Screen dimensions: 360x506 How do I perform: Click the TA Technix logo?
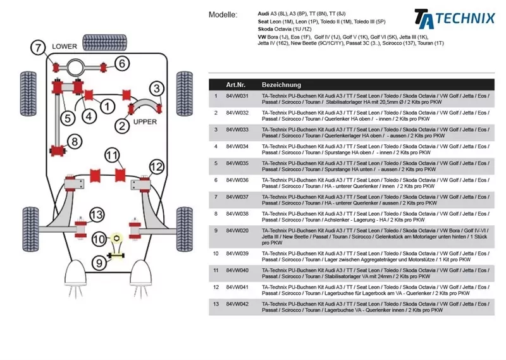pyautogui.click(x=454, y=17)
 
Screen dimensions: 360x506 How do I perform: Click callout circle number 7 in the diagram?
pyautogui.click(x=38, y=47)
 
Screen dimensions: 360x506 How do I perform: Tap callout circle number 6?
pyautogui.click(x=122, y=63)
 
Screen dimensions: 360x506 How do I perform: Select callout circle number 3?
pyautogui.click(x=156, y=89)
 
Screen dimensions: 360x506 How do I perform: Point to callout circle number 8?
pyautogui.click(x=75, y=141)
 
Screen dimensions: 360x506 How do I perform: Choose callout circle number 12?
pyautogui.click(x=156, y=167)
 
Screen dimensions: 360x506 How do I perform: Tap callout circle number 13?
pyautogui.click(x=96, y=214)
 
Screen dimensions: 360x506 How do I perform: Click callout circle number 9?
pyautogui.click(x=99, y=262)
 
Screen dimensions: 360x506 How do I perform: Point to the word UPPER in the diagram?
pyautogui.click(x=145, y=121)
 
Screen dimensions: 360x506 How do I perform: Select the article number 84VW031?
pyautogui.click(x=237, y=96)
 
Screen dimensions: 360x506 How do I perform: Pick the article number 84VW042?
pyautogui.click(x=237, y=304)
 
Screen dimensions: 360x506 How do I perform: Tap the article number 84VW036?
pyautogui.click(x=237, y=180)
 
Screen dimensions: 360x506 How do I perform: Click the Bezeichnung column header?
pyautogui.click(x=281, y=84)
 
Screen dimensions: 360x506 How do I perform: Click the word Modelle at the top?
pyautogui.click(x=223, y=14)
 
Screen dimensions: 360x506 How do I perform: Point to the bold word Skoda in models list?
pyautogui.click(x=266, y=29)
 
